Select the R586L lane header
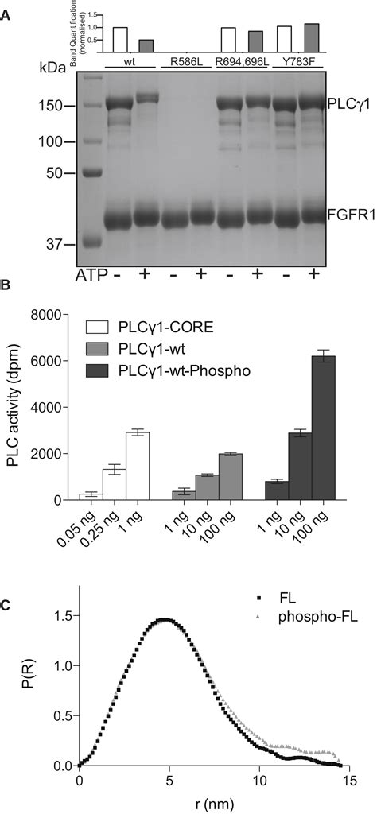coord(185,60)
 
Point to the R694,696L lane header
coord(242,60)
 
